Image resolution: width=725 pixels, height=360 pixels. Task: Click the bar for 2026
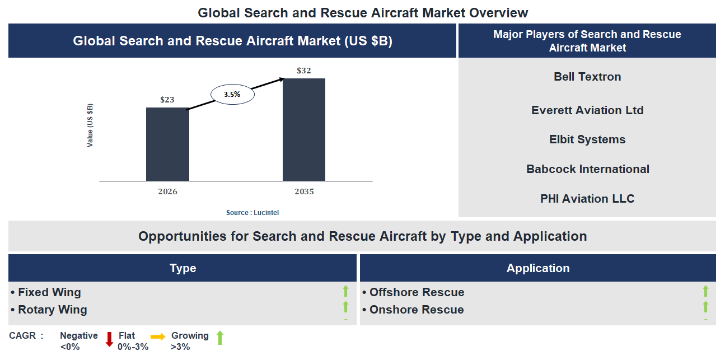[x=167, y=144]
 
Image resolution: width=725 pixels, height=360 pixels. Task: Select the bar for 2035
[x=304, y=129]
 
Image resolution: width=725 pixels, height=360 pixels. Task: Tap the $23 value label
[x=167, y=100]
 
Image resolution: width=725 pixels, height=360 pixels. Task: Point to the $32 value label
[x=304, y=71]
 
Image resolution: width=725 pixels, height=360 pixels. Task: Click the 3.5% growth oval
[x=232, y=95]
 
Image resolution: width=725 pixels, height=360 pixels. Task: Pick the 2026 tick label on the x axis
[x=167, y=191]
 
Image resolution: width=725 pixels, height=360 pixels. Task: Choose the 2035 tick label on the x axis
[x=304, y=191]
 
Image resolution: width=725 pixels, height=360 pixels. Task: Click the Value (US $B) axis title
[x=90, y=125]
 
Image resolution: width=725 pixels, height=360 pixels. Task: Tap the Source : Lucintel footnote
[x=252, y=213]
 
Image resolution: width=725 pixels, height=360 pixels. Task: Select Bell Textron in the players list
[x=587, y=77]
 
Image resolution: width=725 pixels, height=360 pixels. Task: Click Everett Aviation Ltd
[x=587, y=110]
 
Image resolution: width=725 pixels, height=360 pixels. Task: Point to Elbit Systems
[x=587, y=139]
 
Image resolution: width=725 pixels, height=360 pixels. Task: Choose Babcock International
[x=587, y=169]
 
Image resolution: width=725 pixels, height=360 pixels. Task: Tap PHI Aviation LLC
[x=587, y=199]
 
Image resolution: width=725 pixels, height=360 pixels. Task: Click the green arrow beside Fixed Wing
[x=345, y=291]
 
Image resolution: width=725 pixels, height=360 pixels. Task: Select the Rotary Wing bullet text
[x=53, y=310]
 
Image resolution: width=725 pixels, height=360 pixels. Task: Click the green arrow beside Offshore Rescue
[x=705, y=291]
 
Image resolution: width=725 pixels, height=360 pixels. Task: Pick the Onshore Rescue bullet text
[x=417, y=310]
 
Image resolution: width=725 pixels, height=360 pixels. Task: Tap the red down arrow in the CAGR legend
[x=109, y=339]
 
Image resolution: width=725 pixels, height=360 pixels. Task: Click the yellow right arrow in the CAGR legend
[x=158, y=336]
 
